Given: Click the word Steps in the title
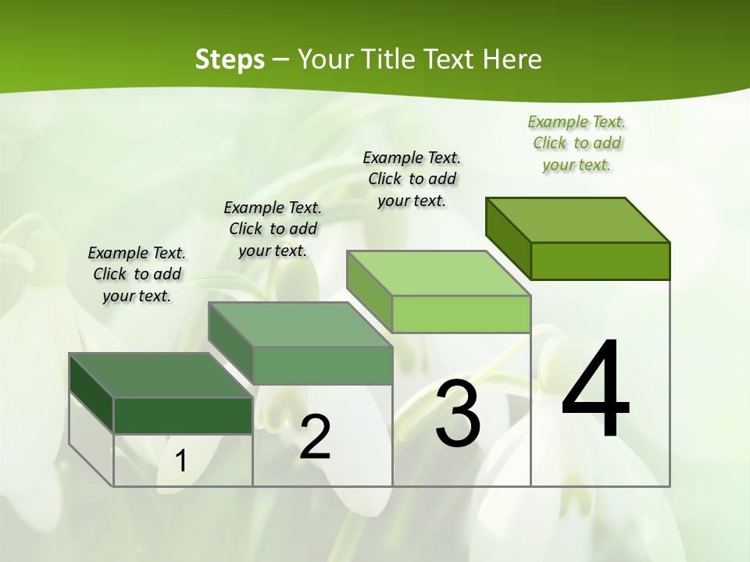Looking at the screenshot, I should pos(230,59).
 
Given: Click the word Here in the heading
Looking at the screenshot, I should pos(512,59).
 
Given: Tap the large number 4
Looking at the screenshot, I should pos(596,390).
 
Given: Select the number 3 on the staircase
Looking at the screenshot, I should pos(458,414).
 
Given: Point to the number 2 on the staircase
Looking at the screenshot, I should pos(315,437).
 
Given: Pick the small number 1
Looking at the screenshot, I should pos(180,461).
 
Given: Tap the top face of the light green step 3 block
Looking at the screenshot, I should pos(437,273).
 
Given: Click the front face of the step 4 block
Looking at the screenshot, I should pos(600,261).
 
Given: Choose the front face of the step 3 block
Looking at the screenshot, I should pos(461,314).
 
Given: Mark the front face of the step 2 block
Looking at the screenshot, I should pos(323,365).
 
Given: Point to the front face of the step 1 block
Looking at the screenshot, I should pos(183,415).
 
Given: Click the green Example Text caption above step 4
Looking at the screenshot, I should pos(577,144).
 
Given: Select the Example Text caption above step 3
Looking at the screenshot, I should pos(412,179).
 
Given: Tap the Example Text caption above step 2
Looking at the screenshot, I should pos(273,229).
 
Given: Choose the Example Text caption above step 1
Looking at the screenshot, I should pos(137,274).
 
